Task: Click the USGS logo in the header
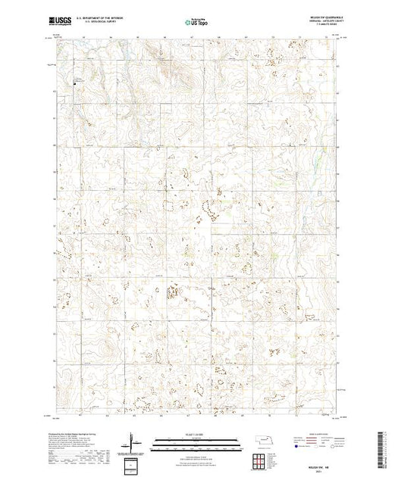click(x=60, y=20)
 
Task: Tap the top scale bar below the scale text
click(x=197, y=438)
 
